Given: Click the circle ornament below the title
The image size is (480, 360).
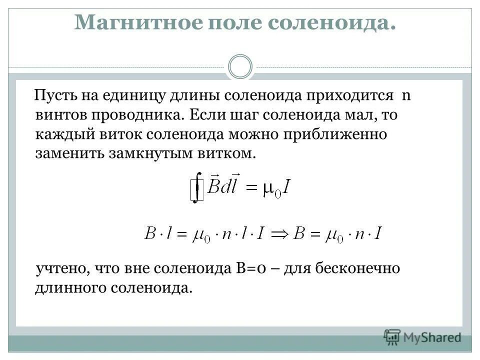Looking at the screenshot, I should coord(240,66).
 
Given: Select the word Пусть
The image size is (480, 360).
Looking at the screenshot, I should coord(54,95).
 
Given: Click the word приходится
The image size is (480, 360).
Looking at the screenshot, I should coord(340,95).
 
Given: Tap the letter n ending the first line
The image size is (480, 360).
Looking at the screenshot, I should coord(406,95).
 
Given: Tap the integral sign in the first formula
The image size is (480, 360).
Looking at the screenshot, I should coord(198,186).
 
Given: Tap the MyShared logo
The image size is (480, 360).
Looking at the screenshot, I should coord(422,336).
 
